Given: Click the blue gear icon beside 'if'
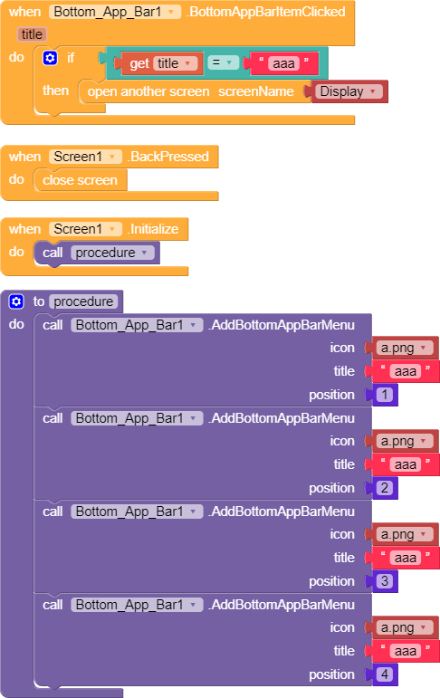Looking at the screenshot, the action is [x=50, y=58].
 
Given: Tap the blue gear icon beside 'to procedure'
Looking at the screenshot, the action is [x=16, y=301].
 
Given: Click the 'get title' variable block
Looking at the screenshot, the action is [x=159, y=63].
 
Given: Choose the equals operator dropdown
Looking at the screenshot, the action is [x=223, y=62].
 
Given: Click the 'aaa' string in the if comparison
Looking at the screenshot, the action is [x=283, y=63].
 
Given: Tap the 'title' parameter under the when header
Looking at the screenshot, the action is [x=32, y=34].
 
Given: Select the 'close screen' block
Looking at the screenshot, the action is [x=81, y=180].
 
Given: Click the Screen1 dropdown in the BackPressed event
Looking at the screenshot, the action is [x=85, y=157].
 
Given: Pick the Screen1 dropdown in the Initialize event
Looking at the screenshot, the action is [x=85, y=229].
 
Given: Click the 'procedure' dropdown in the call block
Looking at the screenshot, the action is [x=112, y=253].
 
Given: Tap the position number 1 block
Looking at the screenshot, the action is [x=385, y=395].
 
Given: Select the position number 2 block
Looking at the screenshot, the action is [x=385, y=488].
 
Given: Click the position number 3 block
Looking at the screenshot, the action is [x=385, y=581].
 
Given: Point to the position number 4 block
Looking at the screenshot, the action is [x=385, y=674].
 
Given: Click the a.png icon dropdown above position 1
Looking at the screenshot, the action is [x=405, y=348].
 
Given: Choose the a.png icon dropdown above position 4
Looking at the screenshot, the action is [x=405, y=627].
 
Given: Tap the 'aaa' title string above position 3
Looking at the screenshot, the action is [x=406, y=558].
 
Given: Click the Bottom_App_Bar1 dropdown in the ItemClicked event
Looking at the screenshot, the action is [x=115, y=12].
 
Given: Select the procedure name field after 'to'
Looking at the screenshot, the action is [x=83, y=301].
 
